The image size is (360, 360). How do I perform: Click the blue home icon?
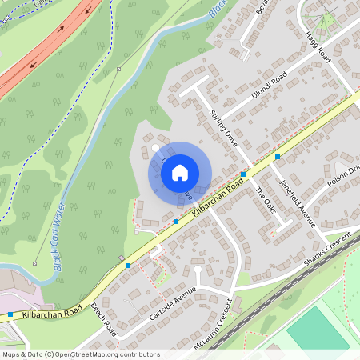(x=180, y=172)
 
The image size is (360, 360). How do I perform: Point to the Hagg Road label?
(x=318, y=47)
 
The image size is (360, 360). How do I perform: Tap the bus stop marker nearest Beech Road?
(x=128, y=265)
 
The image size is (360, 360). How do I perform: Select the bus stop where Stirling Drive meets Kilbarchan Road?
(x=243, y=174)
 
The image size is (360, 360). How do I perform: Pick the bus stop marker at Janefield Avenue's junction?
(x=278, y=157)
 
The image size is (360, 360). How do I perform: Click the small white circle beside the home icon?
(x=155, y=147)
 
